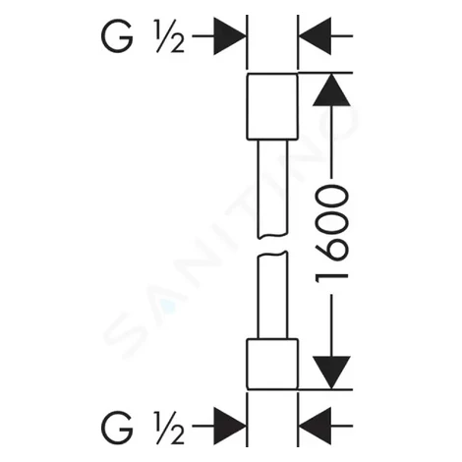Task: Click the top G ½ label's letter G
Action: point(117,36)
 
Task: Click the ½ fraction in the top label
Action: point(169,36)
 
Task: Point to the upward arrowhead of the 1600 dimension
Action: point(331,89)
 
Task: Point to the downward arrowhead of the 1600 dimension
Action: point(331,373)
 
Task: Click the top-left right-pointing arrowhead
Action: point(230,36)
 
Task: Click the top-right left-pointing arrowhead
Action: point(315,36)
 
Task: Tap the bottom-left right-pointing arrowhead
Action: point(230,426)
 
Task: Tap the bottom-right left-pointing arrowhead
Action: point(315,426)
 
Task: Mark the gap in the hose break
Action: point(272,245)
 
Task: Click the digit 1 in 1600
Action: point(331,277)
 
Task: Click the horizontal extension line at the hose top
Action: point(325,73)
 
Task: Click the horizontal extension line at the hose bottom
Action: point(325,390)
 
